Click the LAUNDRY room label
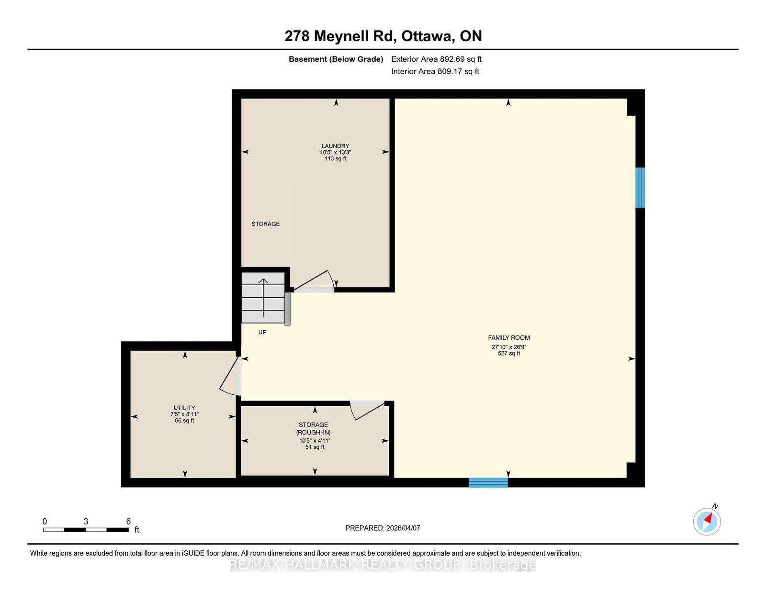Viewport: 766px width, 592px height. (x=335, y=146)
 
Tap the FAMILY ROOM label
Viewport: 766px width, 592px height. (x=508, y=337)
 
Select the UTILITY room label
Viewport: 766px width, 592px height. (x=184, y=408)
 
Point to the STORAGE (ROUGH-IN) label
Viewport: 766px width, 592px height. (x=314, y=428)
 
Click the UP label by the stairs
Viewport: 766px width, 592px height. (x=262, y=332)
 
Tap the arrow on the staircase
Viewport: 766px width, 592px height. (x=263, y=298)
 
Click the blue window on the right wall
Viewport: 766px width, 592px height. (x=640, y=188)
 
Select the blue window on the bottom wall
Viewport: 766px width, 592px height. (x=488, y=482)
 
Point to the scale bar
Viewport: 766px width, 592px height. (x=86, y=530)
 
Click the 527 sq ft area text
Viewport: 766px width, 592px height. (x=508, y=354)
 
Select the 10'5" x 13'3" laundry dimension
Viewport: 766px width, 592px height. (x=335, y=153)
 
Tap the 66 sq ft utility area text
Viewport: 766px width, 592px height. (x=184, y=421)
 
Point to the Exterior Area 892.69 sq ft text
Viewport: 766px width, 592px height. (x=437, y=59)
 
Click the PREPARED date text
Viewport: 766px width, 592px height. (x=383, y=528)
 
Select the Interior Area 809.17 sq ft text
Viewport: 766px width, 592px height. (x=435, y=71)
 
